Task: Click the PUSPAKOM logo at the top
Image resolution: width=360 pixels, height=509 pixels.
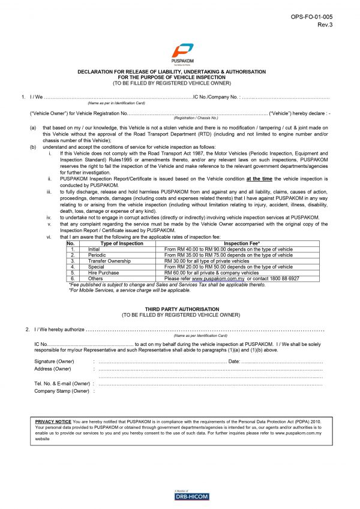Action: click(179, 53)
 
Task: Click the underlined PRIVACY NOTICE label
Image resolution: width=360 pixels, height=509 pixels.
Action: click(53, 421)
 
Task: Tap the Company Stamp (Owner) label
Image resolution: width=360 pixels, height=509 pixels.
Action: click(62, 391)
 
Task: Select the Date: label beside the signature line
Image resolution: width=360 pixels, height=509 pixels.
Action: click(234, 362)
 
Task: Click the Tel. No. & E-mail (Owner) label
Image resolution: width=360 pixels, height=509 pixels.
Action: click(62, 384)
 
